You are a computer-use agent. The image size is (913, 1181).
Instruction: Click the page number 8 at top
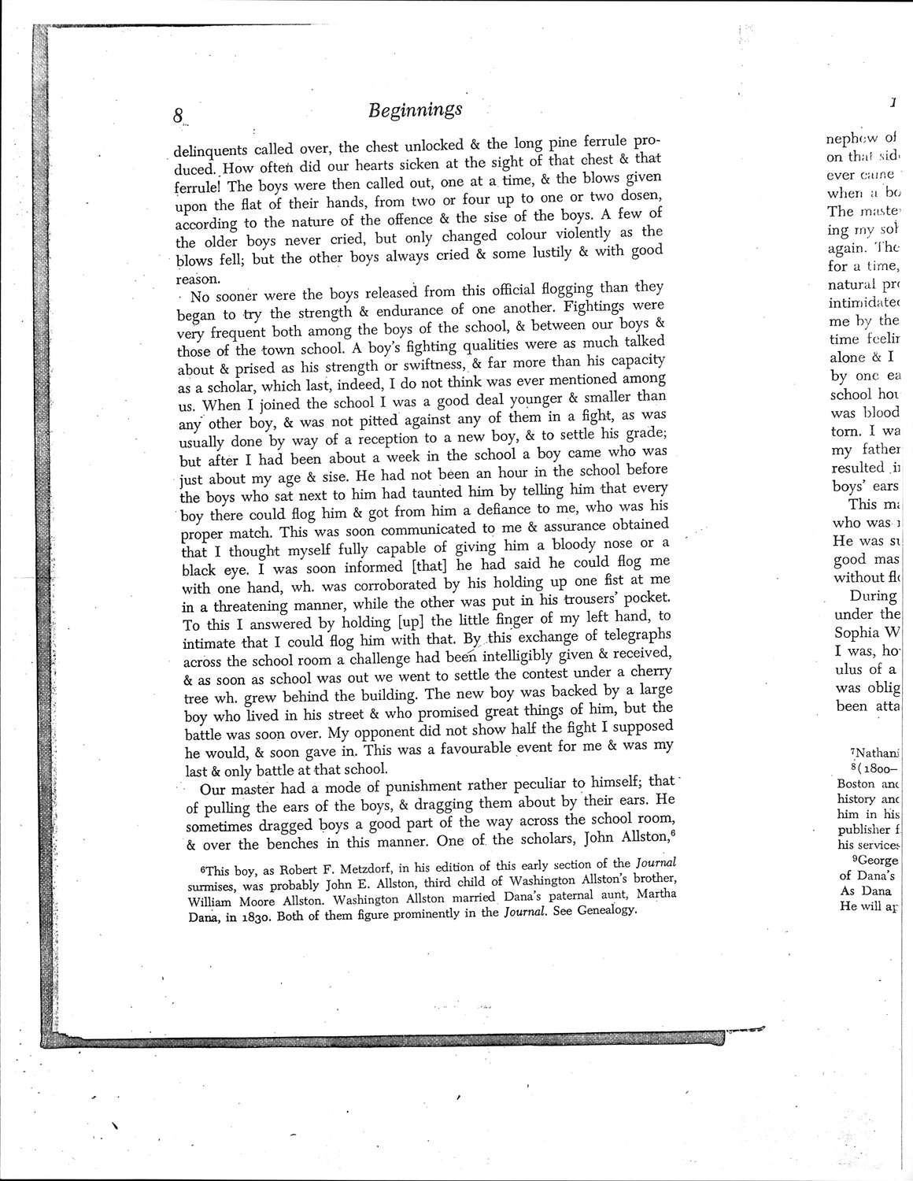pos(179,115)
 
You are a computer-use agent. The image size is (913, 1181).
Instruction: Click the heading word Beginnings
pos(414,109)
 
